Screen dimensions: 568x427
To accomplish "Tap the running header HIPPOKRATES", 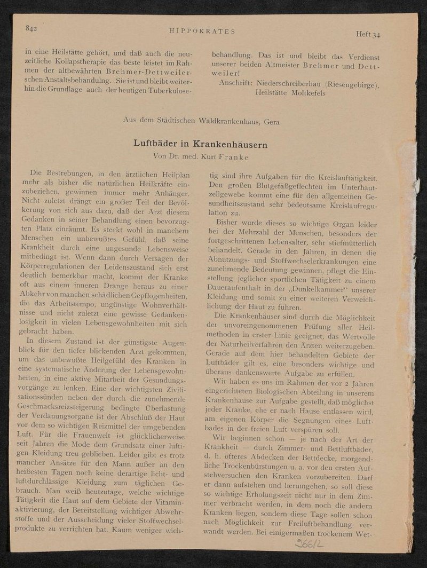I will pyautogui.click(x=202, y=31).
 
